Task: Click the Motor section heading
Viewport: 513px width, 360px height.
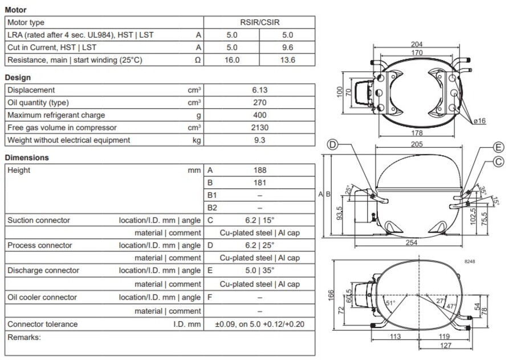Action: (x=15, y=10)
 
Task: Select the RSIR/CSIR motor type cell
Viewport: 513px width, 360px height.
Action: (x=259, y=22)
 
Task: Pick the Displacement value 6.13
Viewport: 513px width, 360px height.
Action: (x=259, y=90)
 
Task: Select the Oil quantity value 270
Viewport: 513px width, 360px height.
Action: (x=259, y=103)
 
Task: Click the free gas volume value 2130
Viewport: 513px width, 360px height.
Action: (x=259, y=128)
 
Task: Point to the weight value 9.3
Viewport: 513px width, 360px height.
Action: (x=259, y=140)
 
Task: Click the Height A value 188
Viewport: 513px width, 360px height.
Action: (x=259, y=170)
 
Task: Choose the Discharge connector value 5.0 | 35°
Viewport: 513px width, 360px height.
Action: (x=259, y=270)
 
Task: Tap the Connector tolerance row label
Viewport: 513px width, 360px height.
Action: (x=42, y=324)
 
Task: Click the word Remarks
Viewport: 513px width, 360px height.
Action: (x=24, y=337)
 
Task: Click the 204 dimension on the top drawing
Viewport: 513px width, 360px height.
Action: (x=417, y=45)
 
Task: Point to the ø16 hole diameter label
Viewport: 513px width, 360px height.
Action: (x=479, y=122)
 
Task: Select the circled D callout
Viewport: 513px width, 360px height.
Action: (x=332, y=145)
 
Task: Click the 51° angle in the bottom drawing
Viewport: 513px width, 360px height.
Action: (x=390, y=303)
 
